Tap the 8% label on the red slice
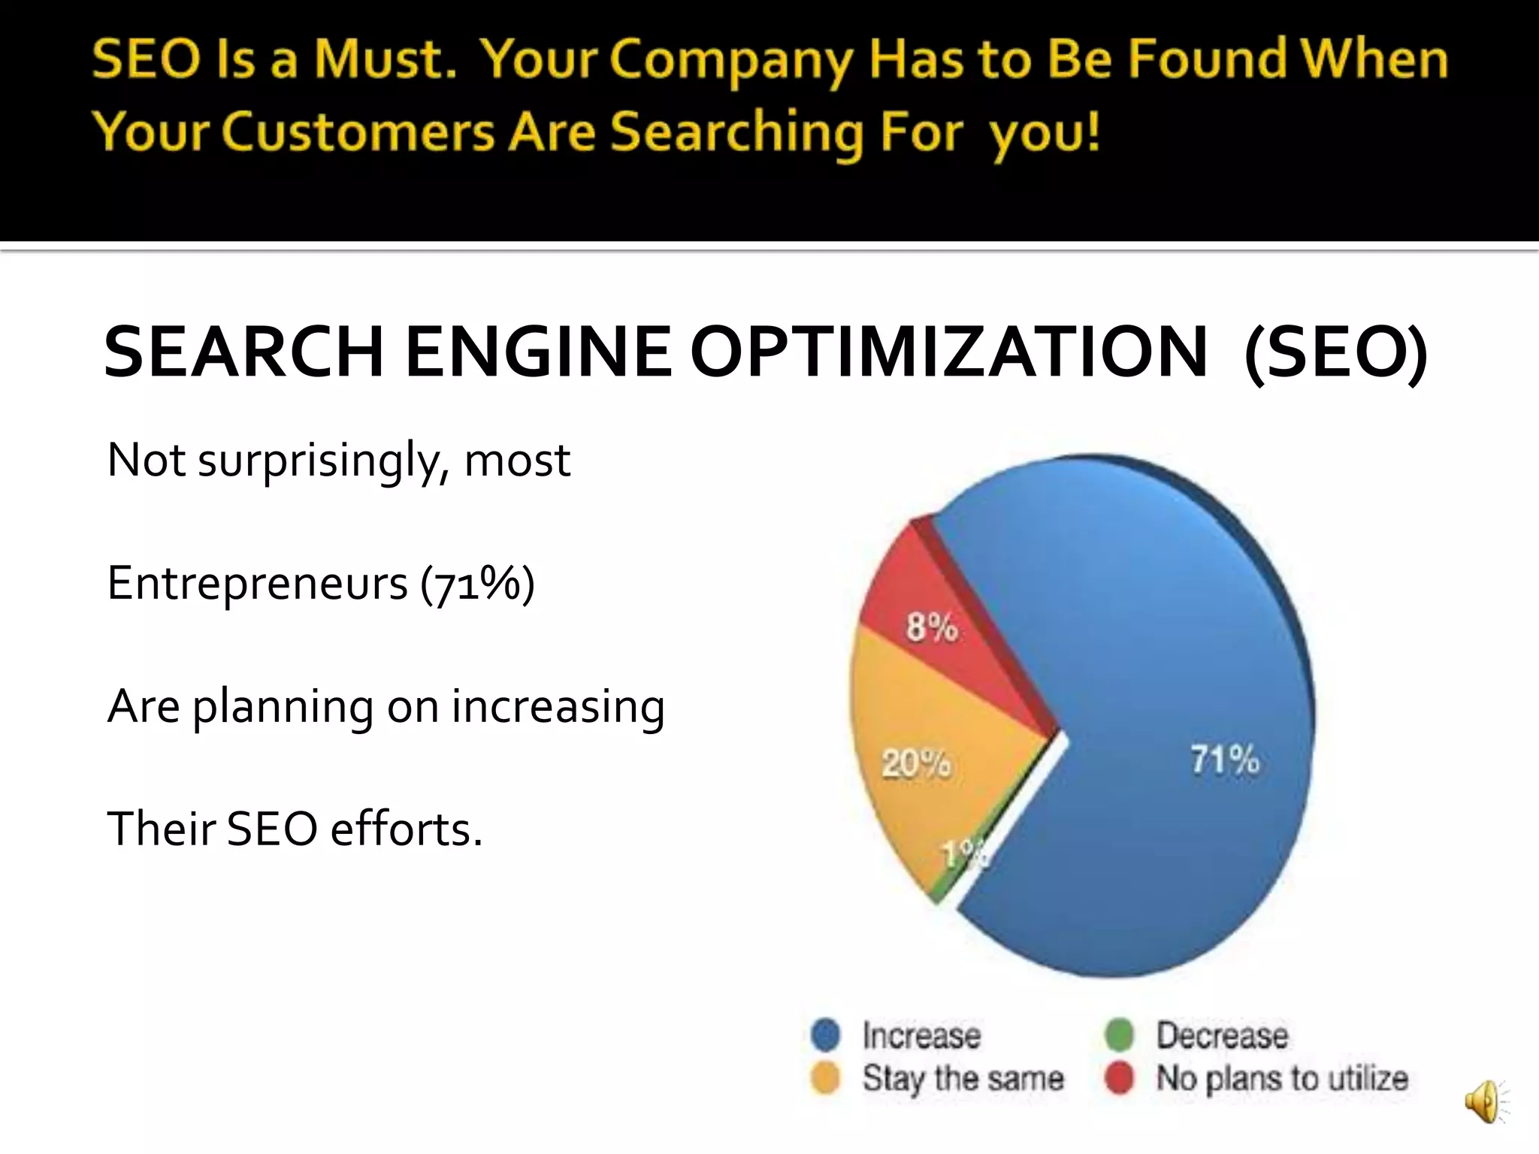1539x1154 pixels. pyautogui.click(x=932, y=627)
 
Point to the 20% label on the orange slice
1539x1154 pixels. pyautogui.click(x=916, y=764)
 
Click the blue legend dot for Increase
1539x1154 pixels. pyautogui.click(x=826, y=1035)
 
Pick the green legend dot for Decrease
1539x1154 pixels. pyautogui.click(x=1119, y=1035)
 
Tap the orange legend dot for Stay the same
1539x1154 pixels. pyautogui.click(x=826, y=1079)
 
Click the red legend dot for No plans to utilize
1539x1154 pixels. pyautogui.click(x=1119, y=1079)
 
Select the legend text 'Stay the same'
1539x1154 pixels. pyautogui.click(x=963, y=1079)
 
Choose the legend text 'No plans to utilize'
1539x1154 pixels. pyautogui.click(x=1282, y=1079)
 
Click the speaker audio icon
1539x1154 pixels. pyautogui.click(x=1484, y=1103)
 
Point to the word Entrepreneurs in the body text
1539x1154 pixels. pyautogui.click(x=257, y=583)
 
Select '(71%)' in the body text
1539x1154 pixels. pyautogui.click(x=477, y=583)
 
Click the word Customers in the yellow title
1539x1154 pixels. pyautogui.click(x=358, y=132)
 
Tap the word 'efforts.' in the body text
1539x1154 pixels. pyautogui.click(x=406, y=829)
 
